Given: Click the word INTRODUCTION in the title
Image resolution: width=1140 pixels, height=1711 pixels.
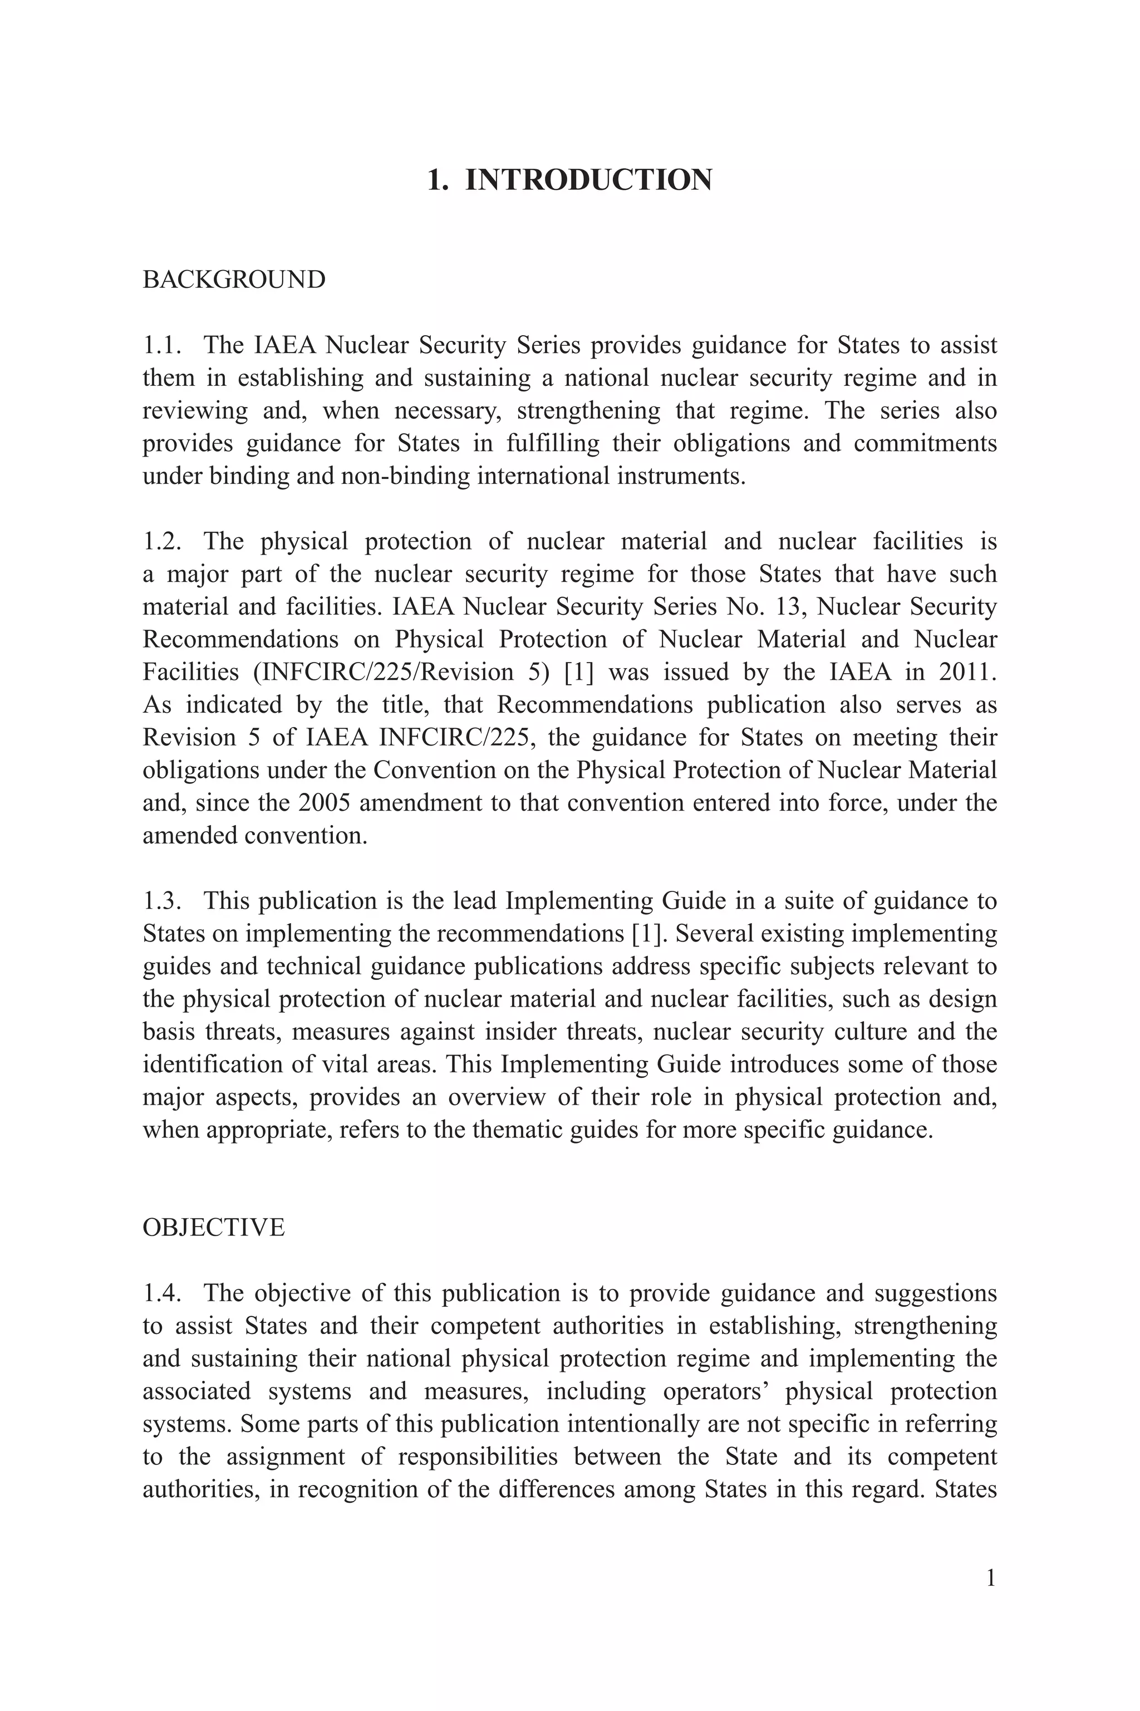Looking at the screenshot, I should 588,180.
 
